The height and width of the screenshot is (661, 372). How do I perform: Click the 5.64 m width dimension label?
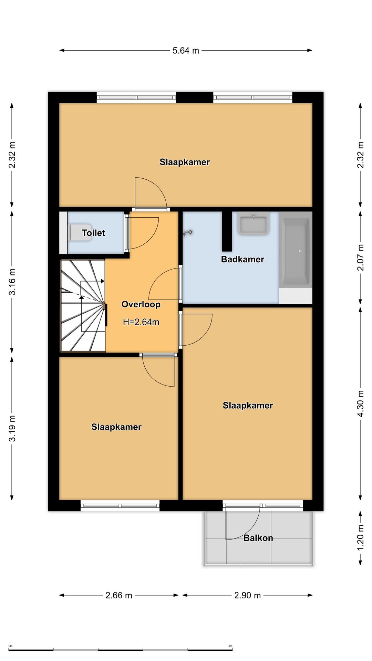click(186, 51)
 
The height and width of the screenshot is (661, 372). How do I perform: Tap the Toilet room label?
click(93, 233)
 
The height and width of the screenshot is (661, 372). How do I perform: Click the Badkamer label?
click(242, 259)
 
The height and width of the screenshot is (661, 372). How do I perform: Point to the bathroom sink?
click(253, 224)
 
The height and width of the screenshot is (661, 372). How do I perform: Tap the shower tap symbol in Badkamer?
click(188, 233)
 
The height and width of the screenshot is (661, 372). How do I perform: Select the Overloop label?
click(141, 304)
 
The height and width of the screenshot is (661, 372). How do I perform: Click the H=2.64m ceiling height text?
click(141, 322)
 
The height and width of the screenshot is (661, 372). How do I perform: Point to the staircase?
click(83, 306)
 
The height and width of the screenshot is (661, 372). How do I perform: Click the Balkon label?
click(258, 538)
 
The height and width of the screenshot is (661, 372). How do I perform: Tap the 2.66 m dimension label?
click(119, 595)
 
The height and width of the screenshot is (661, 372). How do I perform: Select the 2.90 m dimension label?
click(247, 595)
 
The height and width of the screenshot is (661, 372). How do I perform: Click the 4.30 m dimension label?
click(360, 403)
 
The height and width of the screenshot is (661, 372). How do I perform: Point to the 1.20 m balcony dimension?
click(360, 537)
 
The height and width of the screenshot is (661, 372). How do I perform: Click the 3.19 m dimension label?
click(12, 428)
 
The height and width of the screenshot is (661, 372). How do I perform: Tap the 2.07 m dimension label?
click(360, 257)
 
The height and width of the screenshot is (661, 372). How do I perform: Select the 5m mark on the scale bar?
click(230, 646)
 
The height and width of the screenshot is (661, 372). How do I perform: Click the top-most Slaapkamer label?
click(185, 162)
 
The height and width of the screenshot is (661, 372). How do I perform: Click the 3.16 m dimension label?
click(12, 282)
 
